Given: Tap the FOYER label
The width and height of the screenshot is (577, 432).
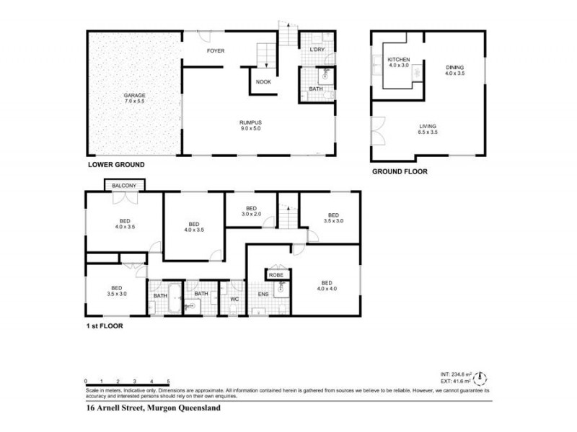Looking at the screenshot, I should click(216, 51).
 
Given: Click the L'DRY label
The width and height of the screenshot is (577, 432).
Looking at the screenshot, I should click(317, 50).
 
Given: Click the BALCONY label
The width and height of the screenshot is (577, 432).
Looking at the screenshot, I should click(125, 186).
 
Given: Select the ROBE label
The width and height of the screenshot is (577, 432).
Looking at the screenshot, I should click(276, 275).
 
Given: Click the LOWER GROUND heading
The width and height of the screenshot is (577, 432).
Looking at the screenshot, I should click(116, 165).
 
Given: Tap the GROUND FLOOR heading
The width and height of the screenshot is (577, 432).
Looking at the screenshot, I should click(400, 172).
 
